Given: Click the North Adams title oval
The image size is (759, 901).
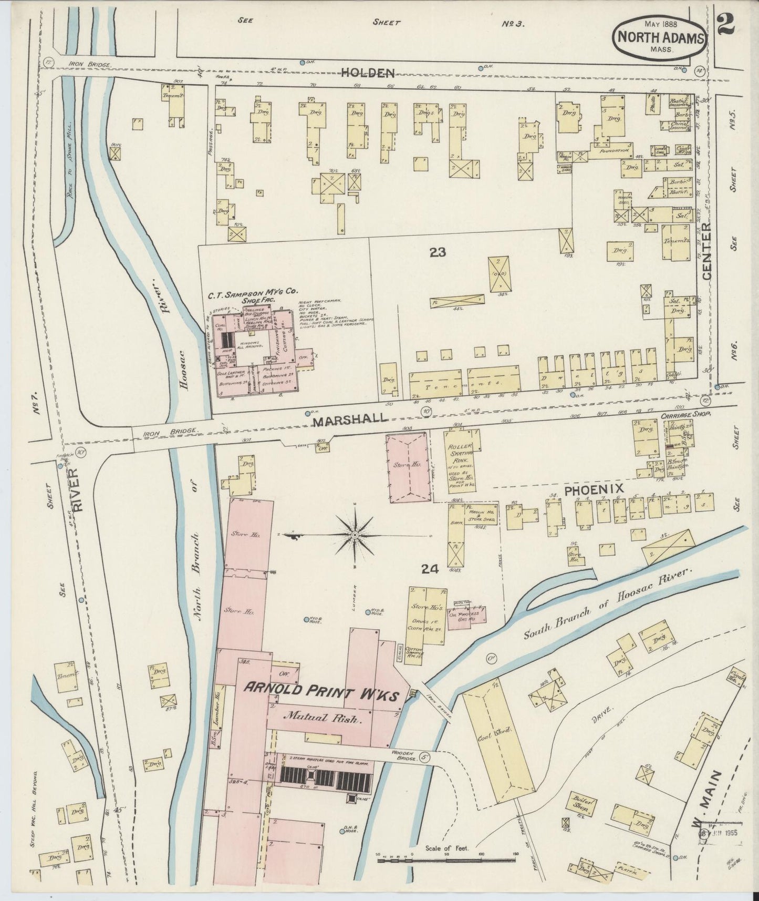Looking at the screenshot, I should [x=660, y=37].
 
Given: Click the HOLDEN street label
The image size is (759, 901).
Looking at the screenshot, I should [x=368, y=73].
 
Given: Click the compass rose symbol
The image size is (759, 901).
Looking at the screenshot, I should [x=355, y=535].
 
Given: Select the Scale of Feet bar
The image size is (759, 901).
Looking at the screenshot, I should [x=446, y=861].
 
